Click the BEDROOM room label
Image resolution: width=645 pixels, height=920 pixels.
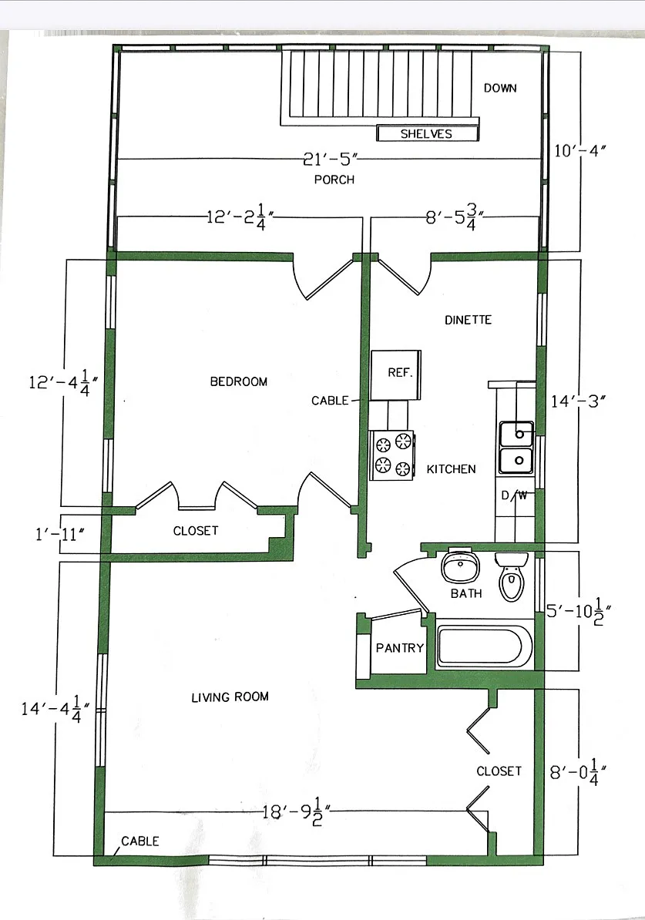[238, 382]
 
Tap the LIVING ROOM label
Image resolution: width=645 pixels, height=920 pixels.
[230, 697]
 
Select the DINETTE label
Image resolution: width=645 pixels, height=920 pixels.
[468, 320]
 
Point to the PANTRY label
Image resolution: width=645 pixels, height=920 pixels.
[400, 648]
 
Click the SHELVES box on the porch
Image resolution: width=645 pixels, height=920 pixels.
[427, 134]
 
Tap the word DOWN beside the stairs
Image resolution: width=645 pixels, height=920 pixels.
[500, 88]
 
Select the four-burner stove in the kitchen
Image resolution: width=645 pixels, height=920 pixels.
[391, 455]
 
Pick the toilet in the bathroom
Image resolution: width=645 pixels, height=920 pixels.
[512, 577]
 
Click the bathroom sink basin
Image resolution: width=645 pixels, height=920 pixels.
[460, 566]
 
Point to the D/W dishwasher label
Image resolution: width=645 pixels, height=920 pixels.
[513, 495]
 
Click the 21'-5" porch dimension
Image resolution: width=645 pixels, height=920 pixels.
[331, 159]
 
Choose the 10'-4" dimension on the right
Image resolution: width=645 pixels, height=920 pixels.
[579, 151]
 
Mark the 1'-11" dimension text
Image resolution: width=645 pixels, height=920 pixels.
[60, 534]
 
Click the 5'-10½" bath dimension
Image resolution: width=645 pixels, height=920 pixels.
[578, 611]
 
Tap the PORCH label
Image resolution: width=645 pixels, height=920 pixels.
[334, 180]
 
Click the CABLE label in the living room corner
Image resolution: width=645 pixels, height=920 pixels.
[139, 841]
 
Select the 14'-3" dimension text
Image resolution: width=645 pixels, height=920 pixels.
[578, 401]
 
